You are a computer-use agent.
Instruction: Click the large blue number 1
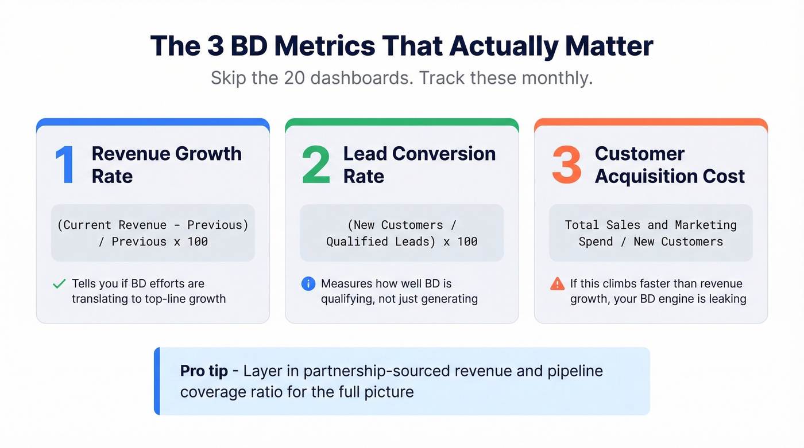tap(65, 165)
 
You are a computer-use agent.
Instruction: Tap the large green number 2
tap(316, 165)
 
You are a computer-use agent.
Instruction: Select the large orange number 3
tap(566, 165)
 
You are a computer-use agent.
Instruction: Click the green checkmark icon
tap(59, 284)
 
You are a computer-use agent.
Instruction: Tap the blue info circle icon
tap(308, 283)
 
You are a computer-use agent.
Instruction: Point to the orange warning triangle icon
tap(557, 283)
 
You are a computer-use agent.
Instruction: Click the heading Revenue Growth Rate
tap(167, 165)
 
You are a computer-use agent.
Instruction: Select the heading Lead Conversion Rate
tap(419, 165)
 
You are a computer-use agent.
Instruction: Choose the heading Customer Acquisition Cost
tap(670, 165)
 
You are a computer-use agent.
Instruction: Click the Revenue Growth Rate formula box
tap(153, 233)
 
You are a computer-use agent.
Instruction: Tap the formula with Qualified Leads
tap(402, 233)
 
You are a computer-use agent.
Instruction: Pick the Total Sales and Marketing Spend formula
tap(651, 233)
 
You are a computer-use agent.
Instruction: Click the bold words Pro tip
tap(204, 371)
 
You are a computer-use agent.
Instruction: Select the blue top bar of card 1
tap(153, 121)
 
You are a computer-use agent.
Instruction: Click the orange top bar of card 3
tap(651, 121)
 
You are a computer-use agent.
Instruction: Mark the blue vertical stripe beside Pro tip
tap(157, 381)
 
